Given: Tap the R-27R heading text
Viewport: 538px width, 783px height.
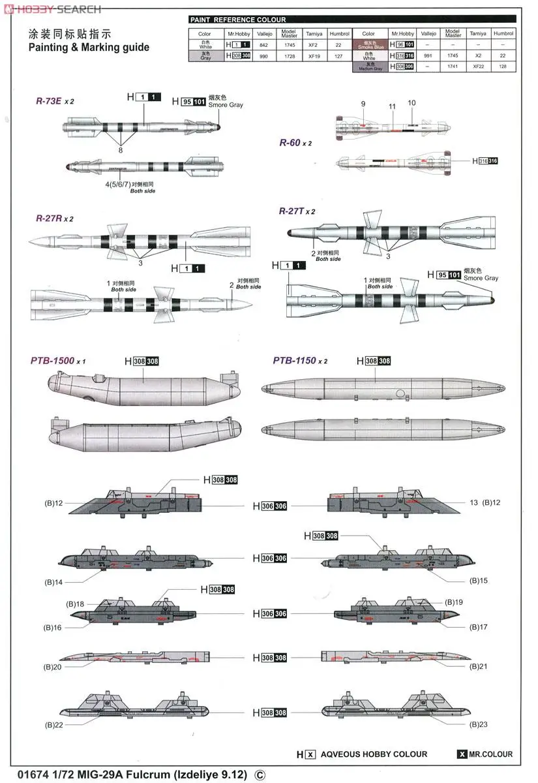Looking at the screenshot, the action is pos(50,219).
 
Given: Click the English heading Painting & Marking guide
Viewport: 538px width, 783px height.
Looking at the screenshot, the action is pos(89,47).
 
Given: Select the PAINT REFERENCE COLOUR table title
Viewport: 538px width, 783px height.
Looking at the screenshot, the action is pos(237,20).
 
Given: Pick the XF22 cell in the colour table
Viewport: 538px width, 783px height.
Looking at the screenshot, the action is pos(478,67).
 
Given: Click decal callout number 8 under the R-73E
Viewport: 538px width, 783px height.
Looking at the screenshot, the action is pos(120,150).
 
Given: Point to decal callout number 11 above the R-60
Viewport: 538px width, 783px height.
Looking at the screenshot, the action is pos(392,106).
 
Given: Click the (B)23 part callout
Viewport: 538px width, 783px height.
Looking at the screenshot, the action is pos(478,724).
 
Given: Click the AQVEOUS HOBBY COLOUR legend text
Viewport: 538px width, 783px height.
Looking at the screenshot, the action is pos(374,754).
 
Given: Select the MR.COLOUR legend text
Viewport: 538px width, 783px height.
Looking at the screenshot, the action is pos(490,754).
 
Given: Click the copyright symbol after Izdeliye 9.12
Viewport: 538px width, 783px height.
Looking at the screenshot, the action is pos(260,774).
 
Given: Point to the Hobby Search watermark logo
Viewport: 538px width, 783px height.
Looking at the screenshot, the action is pos(52,8).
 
